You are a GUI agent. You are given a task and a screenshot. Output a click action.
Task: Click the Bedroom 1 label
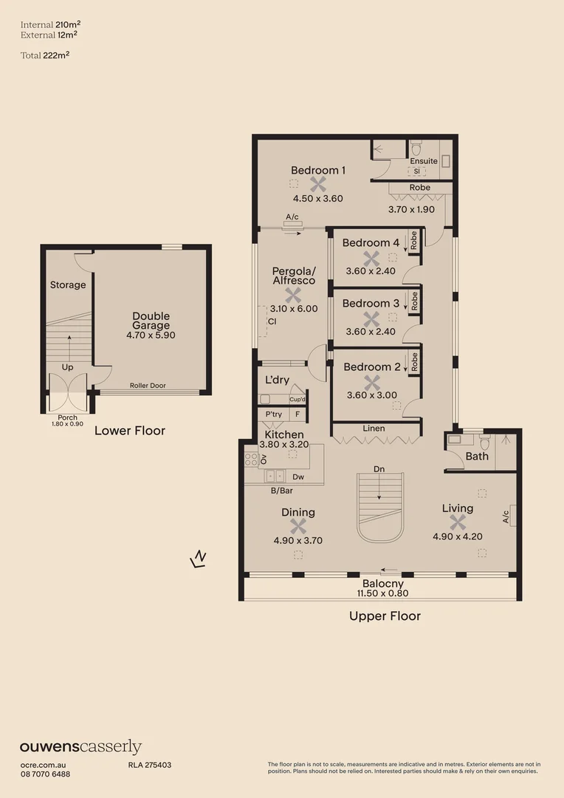tap(317, 171)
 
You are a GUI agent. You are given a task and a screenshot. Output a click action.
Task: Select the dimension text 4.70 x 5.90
tap(151, 335)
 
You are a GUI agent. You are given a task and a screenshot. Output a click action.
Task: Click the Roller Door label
tap(145, 385)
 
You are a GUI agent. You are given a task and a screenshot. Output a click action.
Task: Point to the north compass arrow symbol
tap(198, 559)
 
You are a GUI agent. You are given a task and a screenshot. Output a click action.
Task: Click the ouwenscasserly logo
tap(80, 747)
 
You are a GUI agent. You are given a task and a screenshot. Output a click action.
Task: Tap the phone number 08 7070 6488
tap(45, 774)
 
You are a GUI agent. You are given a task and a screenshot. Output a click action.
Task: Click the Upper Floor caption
tap(385, 616)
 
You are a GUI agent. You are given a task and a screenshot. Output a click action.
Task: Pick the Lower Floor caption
tap(129, 431)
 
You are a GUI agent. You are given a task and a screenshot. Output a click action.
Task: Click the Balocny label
tap(382, 583)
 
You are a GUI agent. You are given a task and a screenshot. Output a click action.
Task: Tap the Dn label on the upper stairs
tap(379, 468)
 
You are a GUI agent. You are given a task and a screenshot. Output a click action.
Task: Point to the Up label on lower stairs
tap(67, 366)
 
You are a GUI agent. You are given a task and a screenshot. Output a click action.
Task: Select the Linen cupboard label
tap(374, 429)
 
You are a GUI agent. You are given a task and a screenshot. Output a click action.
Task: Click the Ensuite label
tap(424, 160)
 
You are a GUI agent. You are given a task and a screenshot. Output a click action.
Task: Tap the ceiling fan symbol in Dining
tap(298, 526)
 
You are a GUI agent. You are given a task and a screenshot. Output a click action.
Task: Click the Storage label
tap(68, 285)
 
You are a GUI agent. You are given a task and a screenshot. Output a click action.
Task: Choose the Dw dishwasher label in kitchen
tap(298, 477)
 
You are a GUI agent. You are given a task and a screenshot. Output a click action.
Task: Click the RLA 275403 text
tap(150, 765)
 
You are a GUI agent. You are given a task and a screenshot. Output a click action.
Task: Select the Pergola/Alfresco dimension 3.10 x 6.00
tap(294, 309)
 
